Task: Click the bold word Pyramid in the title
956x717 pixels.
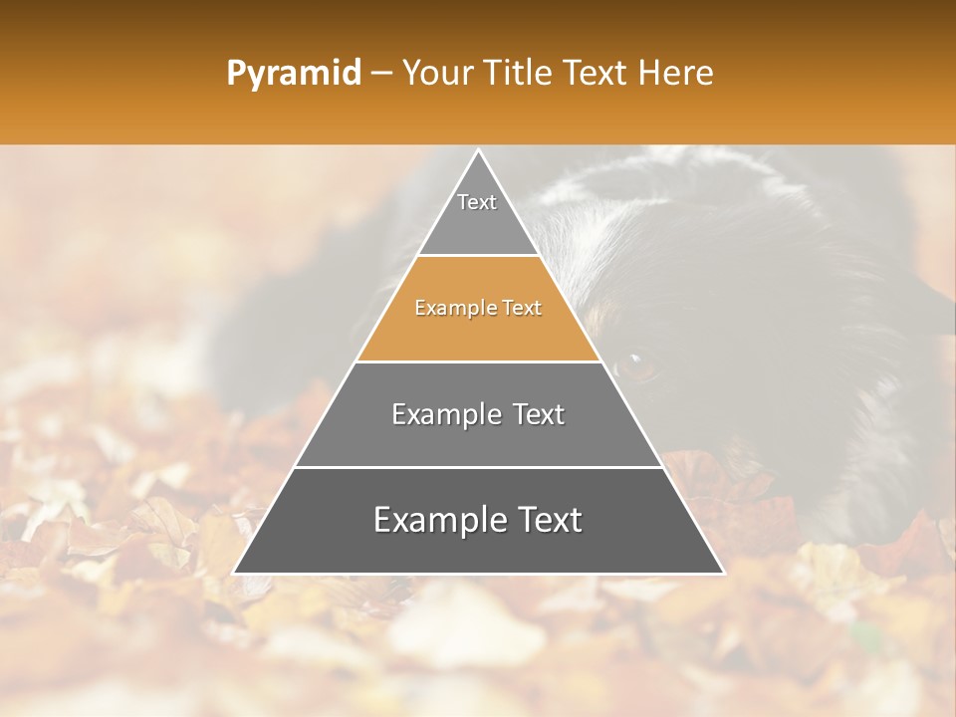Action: [294, 74]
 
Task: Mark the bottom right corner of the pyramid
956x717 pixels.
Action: [723, 573]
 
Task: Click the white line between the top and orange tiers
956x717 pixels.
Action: [478, 256]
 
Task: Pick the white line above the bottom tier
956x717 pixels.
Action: [478, 467]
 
